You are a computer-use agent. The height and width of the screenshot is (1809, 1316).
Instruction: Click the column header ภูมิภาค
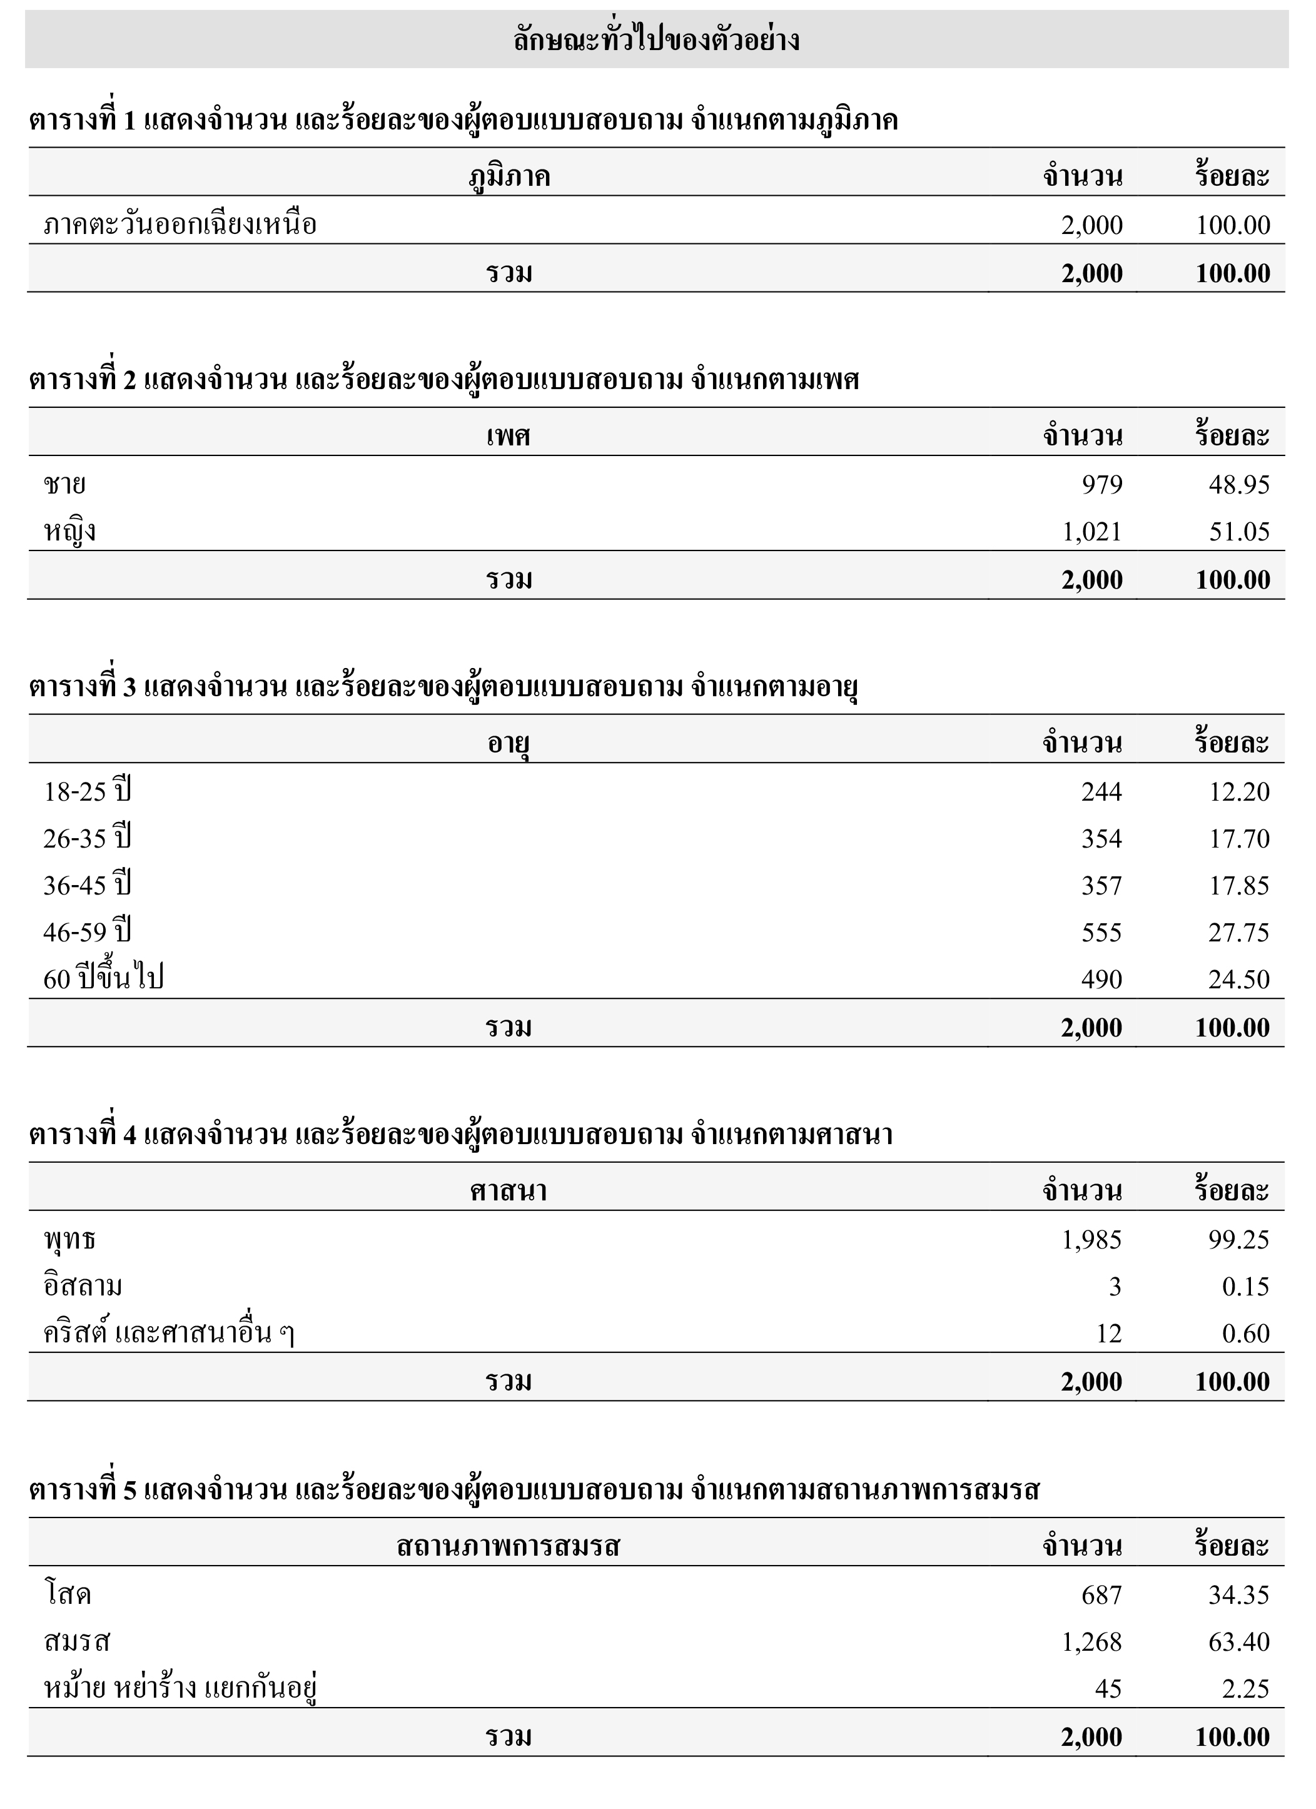point(509,176)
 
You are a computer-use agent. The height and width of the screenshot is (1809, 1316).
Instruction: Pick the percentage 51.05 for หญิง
point(1238,531)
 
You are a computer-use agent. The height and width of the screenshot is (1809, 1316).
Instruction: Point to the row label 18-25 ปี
point(87,791)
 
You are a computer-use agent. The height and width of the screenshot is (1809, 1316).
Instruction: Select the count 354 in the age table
point(1101,838)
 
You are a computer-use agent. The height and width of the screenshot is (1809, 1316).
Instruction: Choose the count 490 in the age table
point(1101,980)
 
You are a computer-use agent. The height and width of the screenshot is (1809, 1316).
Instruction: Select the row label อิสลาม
point(83,1287)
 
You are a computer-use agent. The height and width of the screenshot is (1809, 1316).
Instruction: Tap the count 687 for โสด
point(1101,1595)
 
